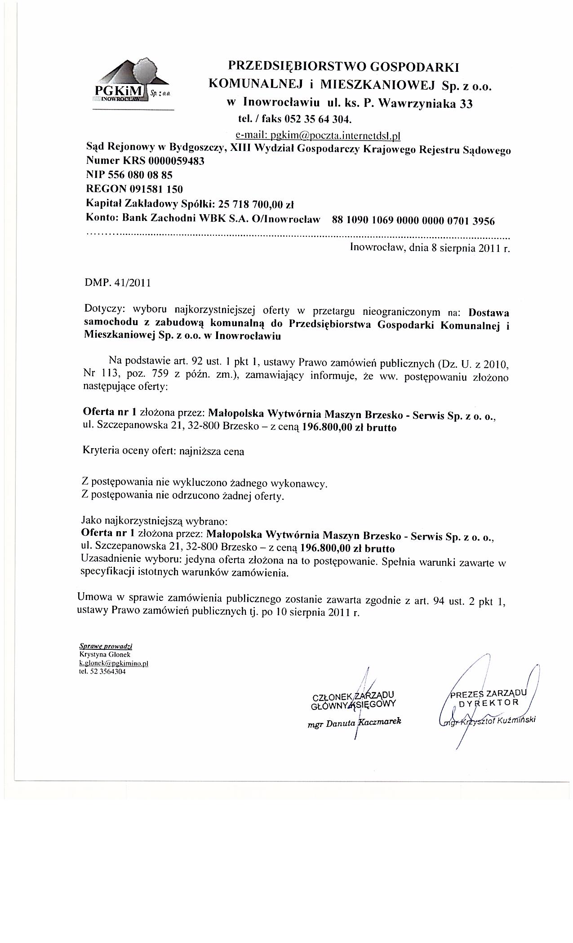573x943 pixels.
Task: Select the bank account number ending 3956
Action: [x=413, y=220]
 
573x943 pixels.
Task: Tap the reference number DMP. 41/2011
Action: [x=118, y=283]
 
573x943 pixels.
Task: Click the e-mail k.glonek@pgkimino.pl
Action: [x=114, y=663]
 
